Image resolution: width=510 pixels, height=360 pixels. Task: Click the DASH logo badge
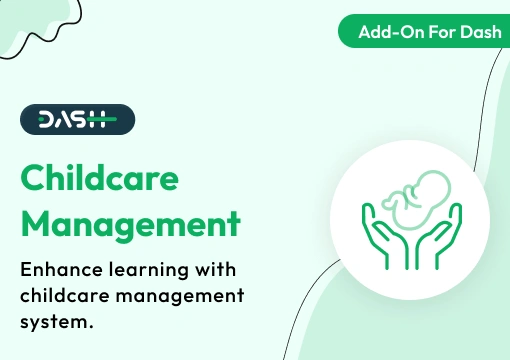tap(77, 120)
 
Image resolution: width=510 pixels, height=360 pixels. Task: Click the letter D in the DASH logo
tap(46, 120)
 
